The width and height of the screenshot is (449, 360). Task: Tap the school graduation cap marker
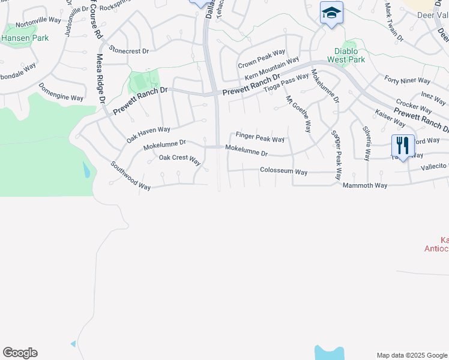point(331,13)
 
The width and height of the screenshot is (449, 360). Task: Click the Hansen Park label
point(25,37)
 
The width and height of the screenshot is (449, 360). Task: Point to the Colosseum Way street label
point(283,172)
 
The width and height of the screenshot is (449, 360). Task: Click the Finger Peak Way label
point(260,138)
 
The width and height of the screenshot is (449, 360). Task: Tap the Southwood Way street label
point(130,176)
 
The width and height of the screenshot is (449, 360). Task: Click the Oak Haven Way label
point(148,134)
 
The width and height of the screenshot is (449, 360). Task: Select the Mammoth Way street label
point(365,185)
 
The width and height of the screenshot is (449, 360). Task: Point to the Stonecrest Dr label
point(128,51)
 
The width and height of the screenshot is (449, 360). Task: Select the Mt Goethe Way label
point(298,114)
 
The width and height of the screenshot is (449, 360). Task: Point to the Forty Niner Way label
point(407,80)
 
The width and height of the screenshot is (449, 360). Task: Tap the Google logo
point(20,353)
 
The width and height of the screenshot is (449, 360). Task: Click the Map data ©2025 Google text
point(412,355)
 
